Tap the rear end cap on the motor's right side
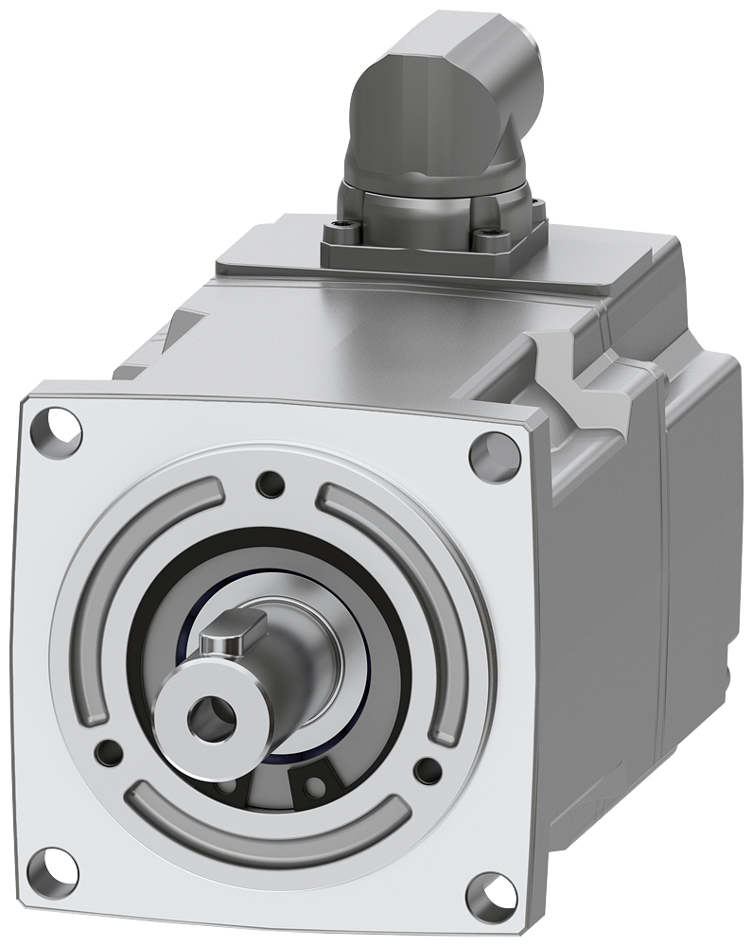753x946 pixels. [705, 530]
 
